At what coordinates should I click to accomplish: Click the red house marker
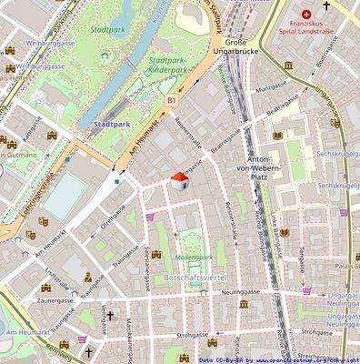(180, 181)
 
